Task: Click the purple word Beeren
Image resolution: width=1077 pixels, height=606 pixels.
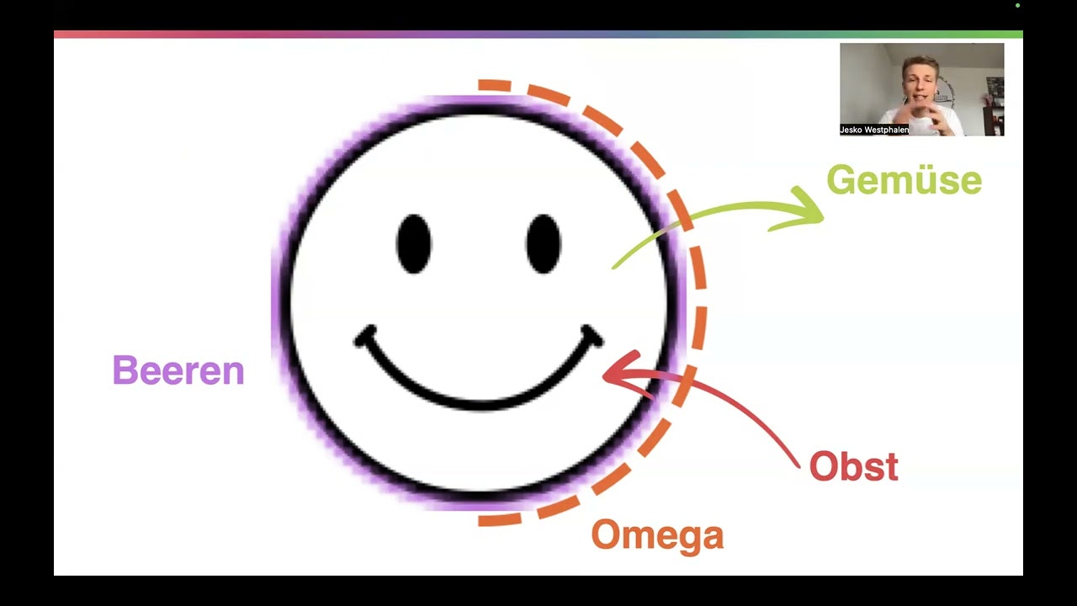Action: point(178,369)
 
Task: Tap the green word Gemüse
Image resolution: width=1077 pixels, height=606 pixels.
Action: point(904,180)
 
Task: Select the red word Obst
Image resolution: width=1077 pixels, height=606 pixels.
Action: point(854,466)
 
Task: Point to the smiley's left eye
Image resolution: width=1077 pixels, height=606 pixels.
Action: point(414,244)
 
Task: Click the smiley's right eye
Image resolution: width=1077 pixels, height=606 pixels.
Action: point(544,244)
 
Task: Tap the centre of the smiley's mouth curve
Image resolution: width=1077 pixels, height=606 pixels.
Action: point(479,403)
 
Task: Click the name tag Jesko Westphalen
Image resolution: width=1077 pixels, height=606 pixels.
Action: point(874,130)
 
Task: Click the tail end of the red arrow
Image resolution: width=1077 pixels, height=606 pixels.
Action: point(798,465)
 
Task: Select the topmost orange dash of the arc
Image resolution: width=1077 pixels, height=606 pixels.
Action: point(494,86)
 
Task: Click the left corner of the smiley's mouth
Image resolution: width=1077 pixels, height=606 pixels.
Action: point(364,337)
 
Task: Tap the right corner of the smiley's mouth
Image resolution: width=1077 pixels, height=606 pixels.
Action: point(592,336)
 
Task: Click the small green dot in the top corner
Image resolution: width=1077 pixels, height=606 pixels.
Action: point(1018,6)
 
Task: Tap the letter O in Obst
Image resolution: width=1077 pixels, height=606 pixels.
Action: point(823,466)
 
